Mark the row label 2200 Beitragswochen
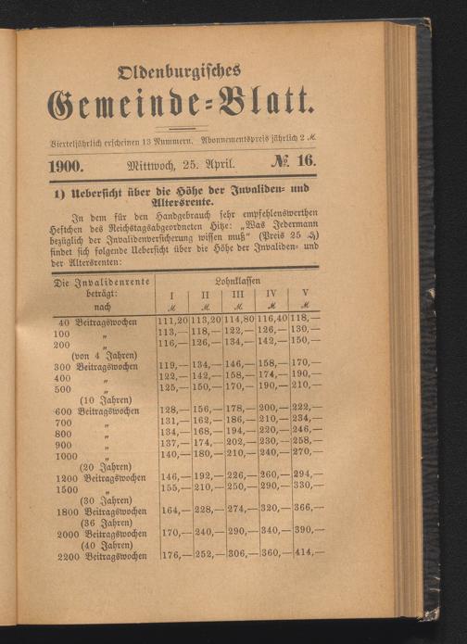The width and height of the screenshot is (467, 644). tap(101, 557)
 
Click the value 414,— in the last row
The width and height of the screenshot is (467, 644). tap(308, 556)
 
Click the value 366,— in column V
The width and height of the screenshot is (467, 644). tap(308, 509)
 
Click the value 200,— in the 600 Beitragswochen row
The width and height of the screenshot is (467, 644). tap(272, 410)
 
